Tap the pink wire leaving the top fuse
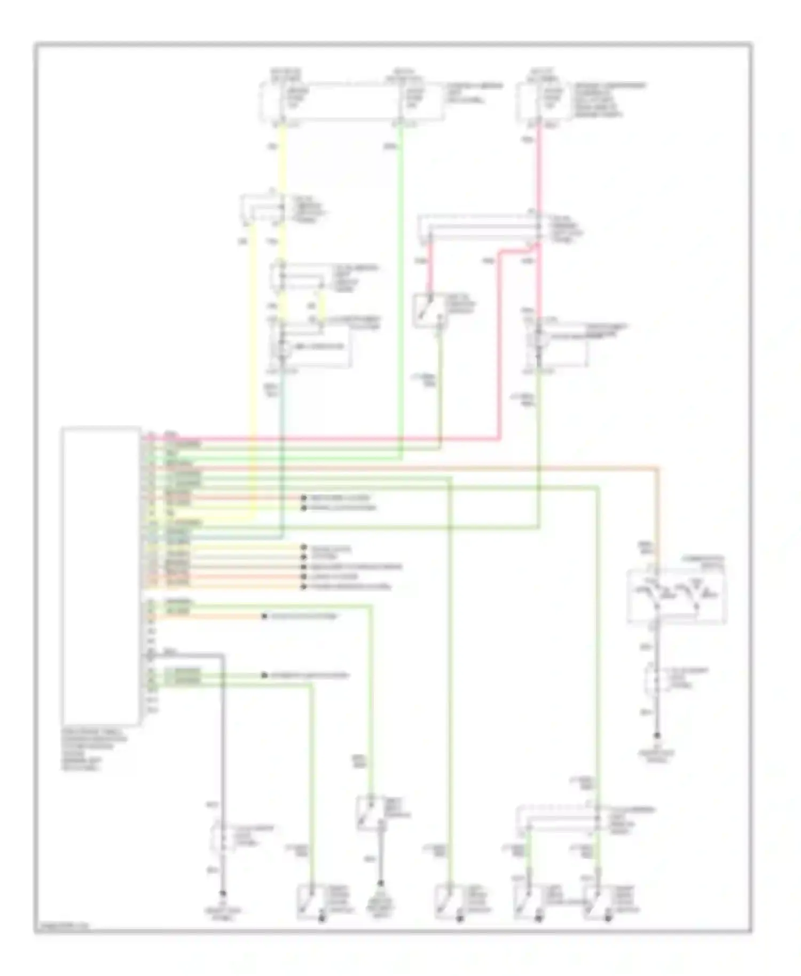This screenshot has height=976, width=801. point(538,171)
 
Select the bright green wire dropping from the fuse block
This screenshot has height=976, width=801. point(400,267)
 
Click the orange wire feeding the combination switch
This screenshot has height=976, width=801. point(657,513)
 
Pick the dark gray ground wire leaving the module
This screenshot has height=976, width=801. point(222,747)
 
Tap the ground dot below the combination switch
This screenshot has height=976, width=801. point(657,735)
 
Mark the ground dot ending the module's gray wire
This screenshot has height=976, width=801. point(223,893)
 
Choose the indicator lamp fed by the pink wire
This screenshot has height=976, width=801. point(538,342)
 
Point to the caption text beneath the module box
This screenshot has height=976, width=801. point(94,750)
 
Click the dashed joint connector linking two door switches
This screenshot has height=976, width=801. point(561,820)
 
